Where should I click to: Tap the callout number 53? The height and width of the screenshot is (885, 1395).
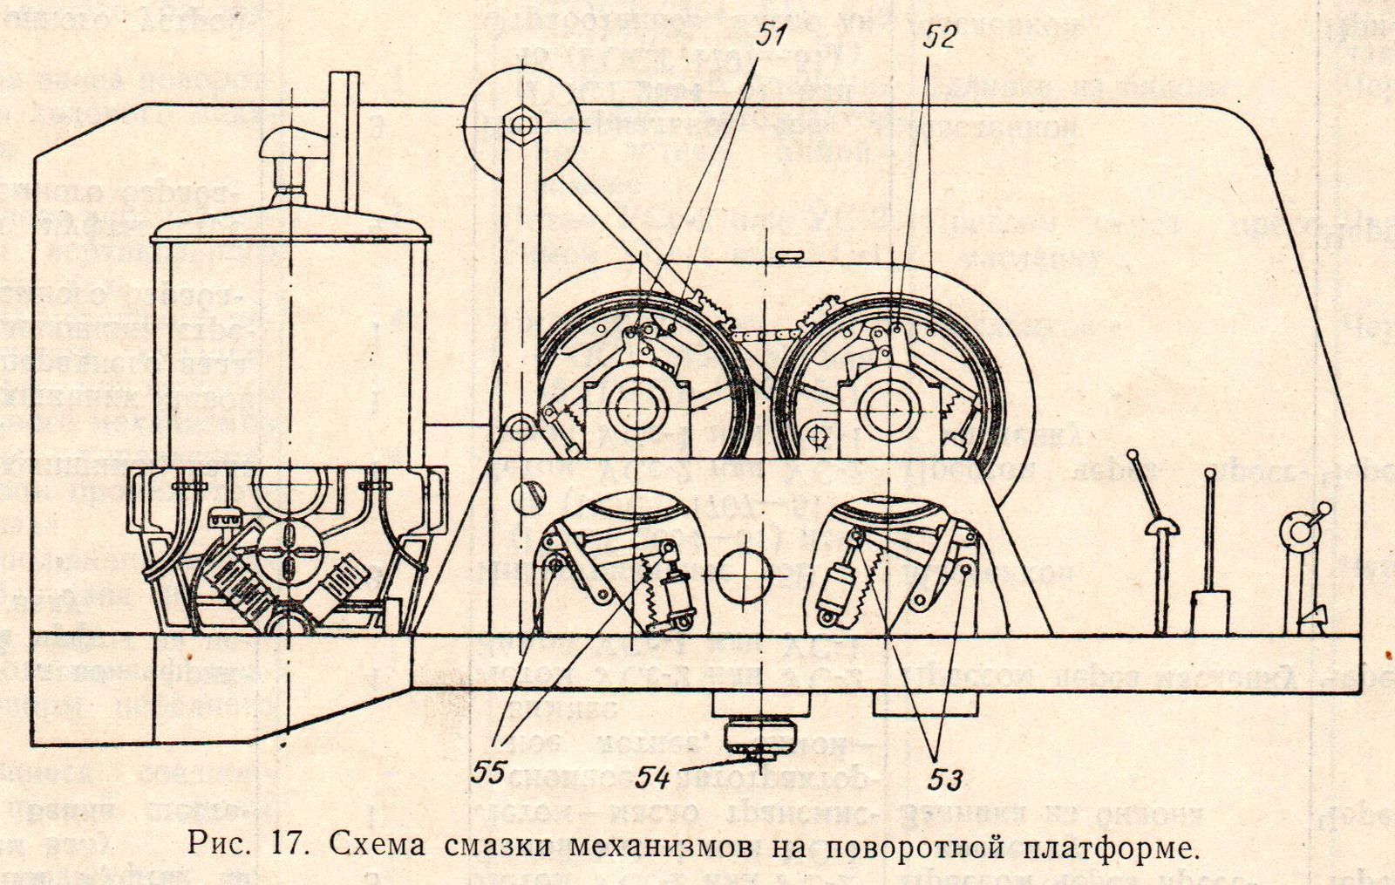tap(945, 779)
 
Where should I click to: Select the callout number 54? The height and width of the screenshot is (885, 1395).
tap(653, 777)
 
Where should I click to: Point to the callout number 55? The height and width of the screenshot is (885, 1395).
tap(488, 773)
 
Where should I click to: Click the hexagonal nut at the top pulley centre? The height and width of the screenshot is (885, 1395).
tap(522, 125)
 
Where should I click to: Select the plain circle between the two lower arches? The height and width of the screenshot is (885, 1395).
tap(745, 575)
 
